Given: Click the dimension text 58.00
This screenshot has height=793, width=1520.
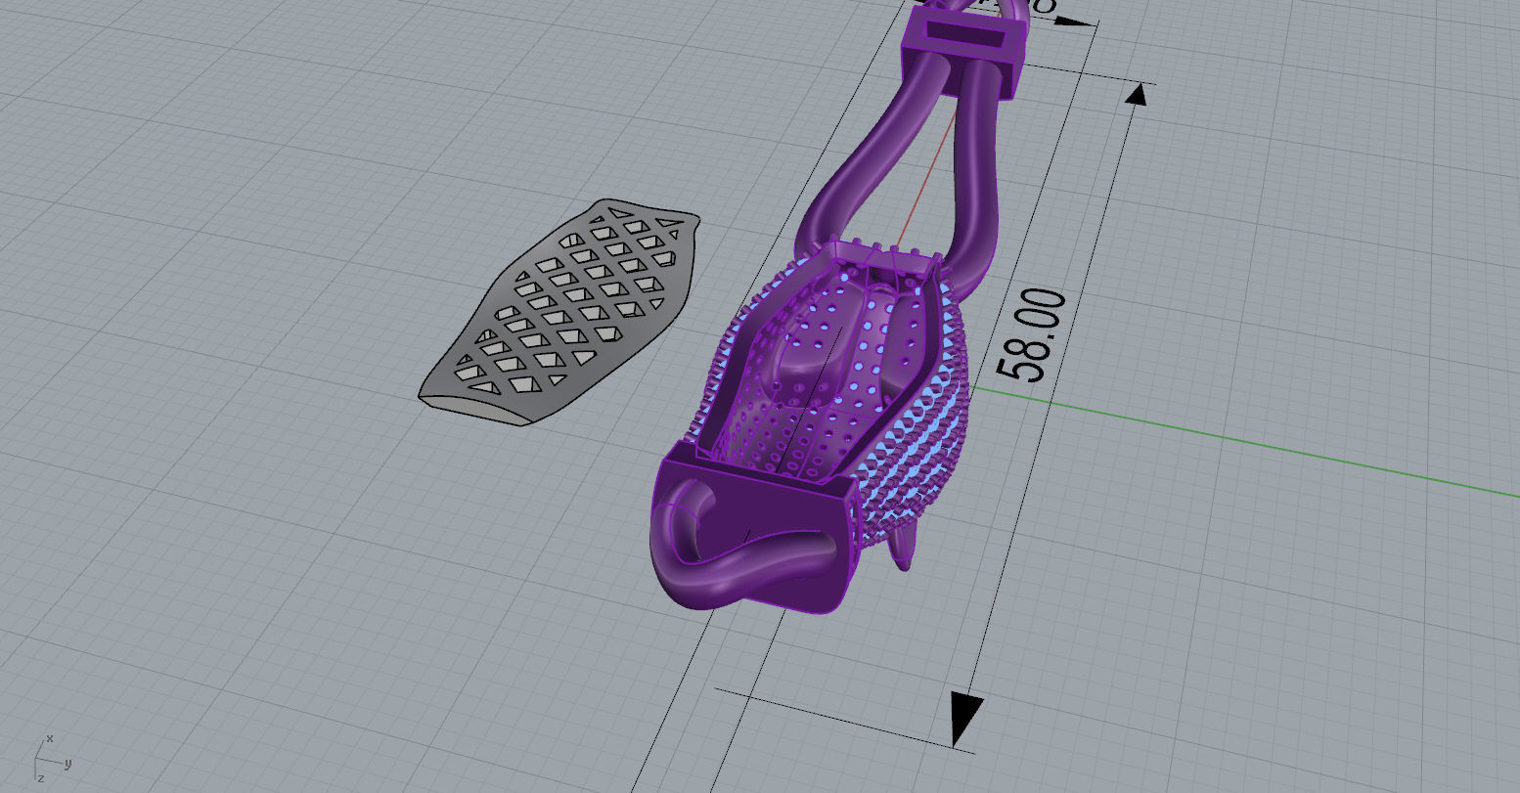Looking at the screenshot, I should (1030, 335).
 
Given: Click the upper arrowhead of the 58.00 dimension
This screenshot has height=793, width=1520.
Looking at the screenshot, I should (1137, 95).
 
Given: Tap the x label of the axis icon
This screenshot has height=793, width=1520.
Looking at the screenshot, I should (50, 738).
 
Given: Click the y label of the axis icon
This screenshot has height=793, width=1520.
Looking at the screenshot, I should (67, 763).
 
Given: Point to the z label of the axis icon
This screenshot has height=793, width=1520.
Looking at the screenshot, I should (40, 776).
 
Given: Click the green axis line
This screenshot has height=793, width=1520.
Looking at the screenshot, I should (1223, 440).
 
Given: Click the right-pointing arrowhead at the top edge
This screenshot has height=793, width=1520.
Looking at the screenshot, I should (1076, 22).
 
